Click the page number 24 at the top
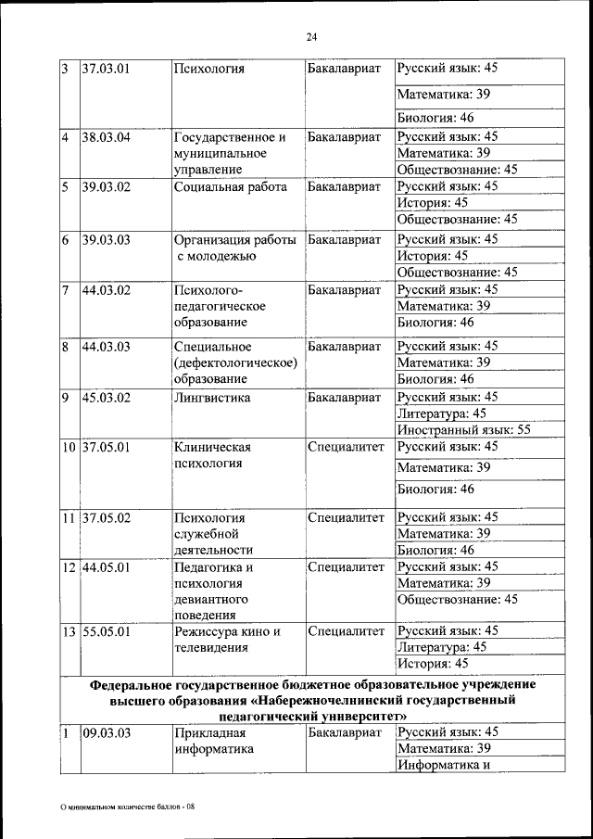pyautogui.click(x=310, y=36)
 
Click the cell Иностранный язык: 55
pyautogui.click(x=463, y=430)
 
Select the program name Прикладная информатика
pyautogui.click(x=213, y=741)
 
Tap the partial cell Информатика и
pyautogui.click(x=442, y=765)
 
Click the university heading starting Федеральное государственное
pyautogui.click(x=312, y=700)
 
